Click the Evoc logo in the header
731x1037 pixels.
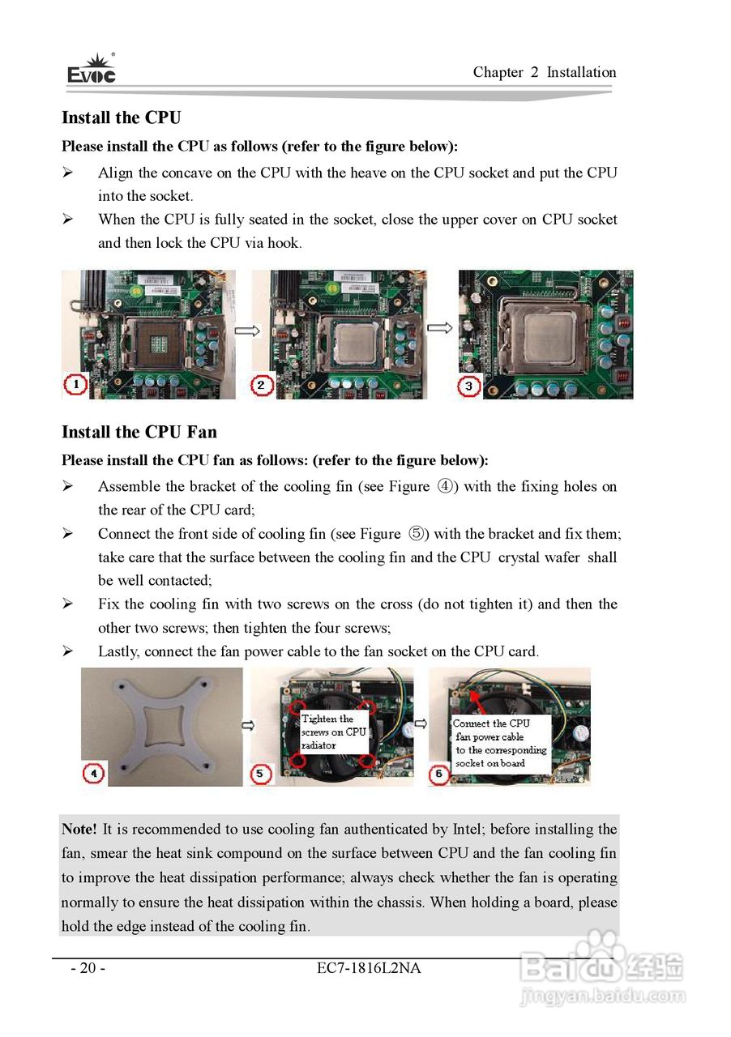point(91,70)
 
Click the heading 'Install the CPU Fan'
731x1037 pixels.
point(139,432)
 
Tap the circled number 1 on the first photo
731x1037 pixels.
point(75,385)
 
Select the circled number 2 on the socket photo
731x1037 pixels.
point(262,386)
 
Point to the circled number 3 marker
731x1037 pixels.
point(469,386)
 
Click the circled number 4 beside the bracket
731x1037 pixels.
point(94,774)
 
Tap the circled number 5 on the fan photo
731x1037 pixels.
point(260,775)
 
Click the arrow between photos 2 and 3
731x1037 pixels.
point(439,328)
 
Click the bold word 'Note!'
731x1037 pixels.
point(79,829)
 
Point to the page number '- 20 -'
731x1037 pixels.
point(88,968)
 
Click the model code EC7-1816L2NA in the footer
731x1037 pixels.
point(370,968)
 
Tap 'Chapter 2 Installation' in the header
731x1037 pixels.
point(545,72)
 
